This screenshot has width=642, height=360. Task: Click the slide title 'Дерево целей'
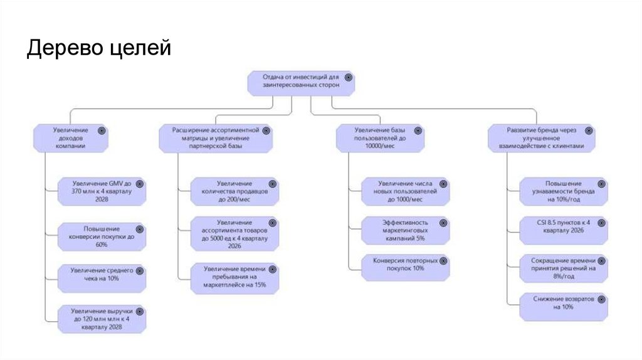coord(98,48)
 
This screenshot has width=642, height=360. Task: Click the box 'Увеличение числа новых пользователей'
coord(405,191)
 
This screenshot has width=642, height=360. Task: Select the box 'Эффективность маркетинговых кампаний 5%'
coord(405,230)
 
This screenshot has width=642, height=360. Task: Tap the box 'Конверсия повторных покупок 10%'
coord(405,268)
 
